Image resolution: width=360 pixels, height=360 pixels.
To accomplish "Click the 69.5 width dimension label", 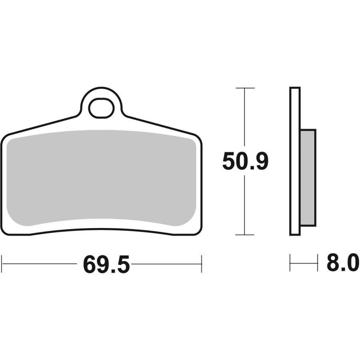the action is [106, 264].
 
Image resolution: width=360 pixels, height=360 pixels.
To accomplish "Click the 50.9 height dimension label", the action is [245, 161].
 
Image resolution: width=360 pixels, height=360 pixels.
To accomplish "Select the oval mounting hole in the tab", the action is [101, 108].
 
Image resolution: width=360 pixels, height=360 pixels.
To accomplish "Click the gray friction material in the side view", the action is [308, 178].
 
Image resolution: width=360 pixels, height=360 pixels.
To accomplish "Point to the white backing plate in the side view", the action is [295, 161].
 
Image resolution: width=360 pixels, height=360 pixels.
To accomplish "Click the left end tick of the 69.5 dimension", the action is [2, 264].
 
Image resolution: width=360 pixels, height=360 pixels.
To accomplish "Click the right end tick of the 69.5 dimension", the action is [202, 264].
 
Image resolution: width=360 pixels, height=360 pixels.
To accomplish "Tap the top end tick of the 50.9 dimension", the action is [245, 88].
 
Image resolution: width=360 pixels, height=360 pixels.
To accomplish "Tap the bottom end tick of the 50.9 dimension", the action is [245, 235].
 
